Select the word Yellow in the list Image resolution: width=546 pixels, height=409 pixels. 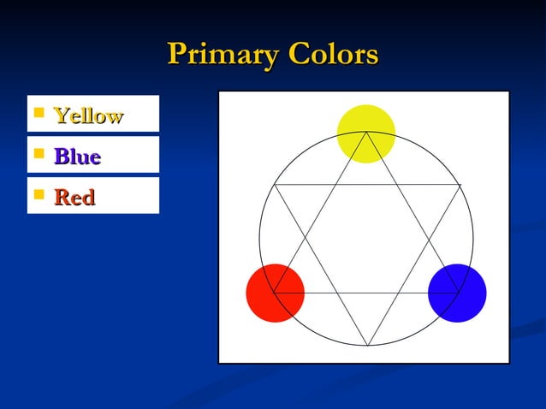pyautogui.click(x=88, y=116)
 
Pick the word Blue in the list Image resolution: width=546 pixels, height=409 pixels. pyautogui.click(x=77, y=157)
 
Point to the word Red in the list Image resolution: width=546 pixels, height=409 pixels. pyautogui.click(x=74, y=198)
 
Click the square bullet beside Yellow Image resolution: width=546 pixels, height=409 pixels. pyautogui.click(x=38, y=113)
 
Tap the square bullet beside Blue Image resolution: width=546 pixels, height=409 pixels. pyautogui.click(x=38, y=154)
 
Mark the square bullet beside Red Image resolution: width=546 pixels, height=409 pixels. pyautogui.click(x=38, y=195)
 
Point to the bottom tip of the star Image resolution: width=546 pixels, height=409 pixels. pyautogui.click(x=367, y=346)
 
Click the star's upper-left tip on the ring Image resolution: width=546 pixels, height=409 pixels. pyautogui.click(x=275, y=184)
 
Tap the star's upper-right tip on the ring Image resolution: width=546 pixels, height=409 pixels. pyautogui.click(x=460, y=185)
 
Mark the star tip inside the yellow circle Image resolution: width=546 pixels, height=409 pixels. pyautogui.click(x=366, y=133)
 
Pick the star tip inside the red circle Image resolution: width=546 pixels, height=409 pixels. pyautogui.click(x=275, y=293)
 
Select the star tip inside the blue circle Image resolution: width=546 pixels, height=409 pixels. pyautogui.click(x=460, y=293)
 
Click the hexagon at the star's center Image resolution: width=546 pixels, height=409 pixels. pyautogui.click(x=366, y=239)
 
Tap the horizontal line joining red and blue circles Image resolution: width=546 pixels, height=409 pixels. pyautogui.click(x=366, y=293)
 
